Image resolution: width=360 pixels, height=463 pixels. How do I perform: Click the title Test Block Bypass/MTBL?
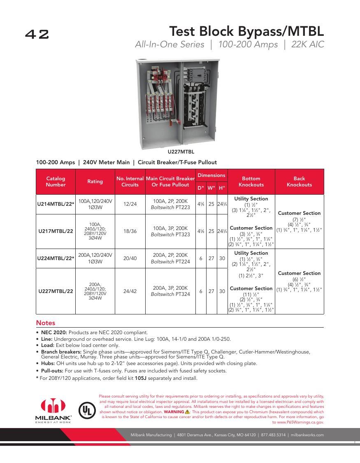(x=246, y=31)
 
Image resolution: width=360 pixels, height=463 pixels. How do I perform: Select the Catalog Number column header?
(x=56, y=181)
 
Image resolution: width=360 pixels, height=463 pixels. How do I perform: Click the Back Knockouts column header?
(x=299, y=181)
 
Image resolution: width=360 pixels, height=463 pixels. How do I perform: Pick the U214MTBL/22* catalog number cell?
(x=56, y=205)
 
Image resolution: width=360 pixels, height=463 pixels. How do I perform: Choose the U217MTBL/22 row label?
(x=56, y=231)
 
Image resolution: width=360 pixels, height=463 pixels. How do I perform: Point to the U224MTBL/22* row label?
(x=56, y=258)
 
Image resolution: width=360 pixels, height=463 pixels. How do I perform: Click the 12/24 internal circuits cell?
(x=130, y=205)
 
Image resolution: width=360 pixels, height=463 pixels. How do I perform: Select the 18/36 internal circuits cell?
(x=130, y=231)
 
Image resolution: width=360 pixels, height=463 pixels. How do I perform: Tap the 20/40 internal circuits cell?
(x=130, y=258)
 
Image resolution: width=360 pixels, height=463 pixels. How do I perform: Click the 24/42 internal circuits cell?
(x=130, y=291)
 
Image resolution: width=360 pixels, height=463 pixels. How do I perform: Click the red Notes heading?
(x=45, y=323)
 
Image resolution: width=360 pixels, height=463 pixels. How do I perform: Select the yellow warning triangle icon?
(x=187, y=412)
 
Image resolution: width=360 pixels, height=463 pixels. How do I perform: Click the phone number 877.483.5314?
(x=272, y=435)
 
